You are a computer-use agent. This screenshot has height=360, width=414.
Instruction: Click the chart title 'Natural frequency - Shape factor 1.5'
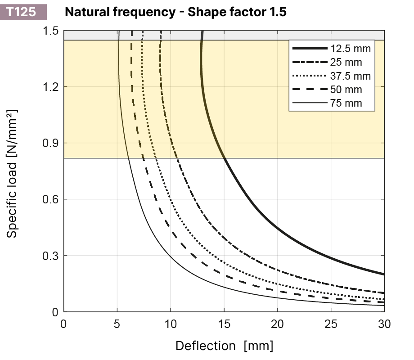[x=175, y=12]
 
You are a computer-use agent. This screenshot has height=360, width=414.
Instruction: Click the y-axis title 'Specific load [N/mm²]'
[x=13, y=173]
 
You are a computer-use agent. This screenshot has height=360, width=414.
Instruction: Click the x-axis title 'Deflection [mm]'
[x=224, y=346]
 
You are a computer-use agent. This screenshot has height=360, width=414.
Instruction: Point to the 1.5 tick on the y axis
[x=51, y=31]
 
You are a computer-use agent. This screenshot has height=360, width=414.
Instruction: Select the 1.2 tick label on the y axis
[x=51, y=87]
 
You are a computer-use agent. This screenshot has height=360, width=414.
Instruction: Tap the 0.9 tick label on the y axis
[x=51, y=143]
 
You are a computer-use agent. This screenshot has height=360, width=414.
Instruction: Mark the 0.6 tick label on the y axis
[x=51, y=199]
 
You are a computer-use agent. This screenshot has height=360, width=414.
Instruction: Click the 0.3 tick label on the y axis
[x=51, y=256]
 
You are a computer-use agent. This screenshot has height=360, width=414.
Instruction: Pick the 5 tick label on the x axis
[x=117, y=324]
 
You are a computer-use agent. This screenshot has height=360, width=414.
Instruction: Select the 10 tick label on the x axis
[x=171, y=324]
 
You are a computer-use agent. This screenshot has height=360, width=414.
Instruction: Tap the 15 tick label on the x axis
[x=224, y=324]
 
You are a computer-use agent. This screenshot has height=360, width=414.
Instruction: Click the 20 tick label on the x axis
[x=277, y=324]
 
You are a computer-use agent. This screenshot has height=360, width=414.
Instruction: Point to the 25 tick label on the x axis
[x=331, y=324]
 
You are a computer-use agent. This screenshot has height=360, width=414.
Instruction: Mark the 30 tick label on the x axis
[x=384, y=324]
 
